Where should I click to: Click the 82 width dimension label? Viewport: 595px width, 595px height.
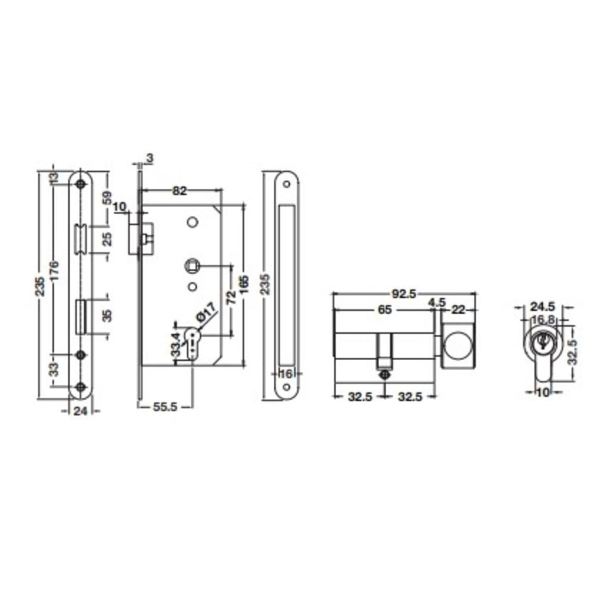click(x=179, y=190)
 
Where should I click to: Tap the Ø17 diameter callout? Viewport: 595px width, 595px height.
click(x=206, y=312)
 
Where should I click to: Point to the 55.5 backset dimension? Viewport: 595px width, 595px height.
click(x=165, y=407)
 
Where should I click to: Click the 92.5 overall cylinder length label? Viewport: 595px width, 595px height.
click(x=404, y=294)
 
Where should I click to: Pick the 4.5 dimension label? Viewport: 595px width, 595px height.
click(x=436, y=303)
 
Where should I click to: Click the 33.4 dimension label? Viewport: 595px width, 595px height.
click(x=176, y=344)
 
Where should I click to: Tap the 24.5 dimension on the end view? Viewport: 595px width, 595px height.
click(x=542, y=306)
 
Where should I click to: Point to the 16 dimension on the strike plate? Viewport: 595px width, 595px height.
click(x=286, y=374)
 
